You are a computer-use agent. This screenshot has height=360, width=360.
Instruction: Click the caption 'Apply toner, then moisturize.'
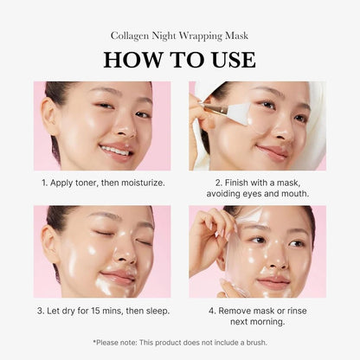[102, 183]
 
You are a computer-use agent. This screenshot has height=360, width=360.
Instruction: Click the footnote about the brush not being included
[179, 343]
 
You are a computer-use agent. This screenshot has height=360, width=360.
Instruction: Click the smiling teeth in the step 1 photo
[114, 150]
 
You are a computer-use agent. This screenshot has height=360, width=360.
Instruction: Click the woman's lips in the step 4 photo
[275, 281]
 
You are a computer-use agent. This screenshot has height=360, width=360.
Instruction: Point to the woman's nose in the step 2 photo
[277, 130]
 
